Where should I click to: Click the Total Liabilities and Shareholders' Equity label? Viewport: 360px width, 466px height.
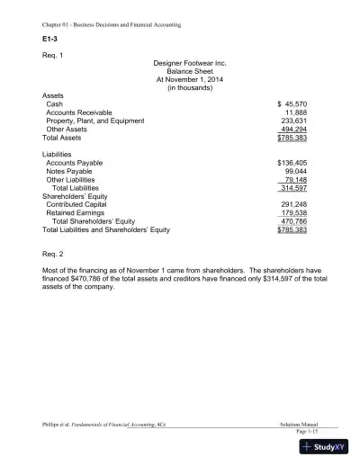tap(106, 230)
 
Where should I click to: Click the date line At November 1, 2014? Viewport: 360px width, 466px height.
tap(182, 79)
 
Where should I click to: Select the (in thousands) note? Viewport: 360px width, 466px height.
tap(182, 87)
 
